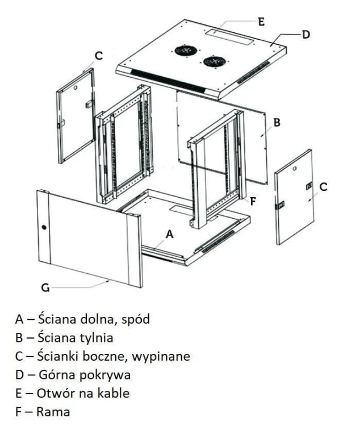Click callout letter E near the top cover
(261, 22)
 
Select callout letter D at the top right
(306, 35)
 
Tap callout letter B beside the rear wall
(277, 122)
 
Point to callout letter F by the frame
(253, 201)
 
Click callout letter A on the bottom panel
(168, 233)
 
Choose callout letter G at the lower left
(45, 288)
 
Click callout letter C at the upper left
(98, 56)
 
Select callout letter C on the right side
(323, 187)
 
